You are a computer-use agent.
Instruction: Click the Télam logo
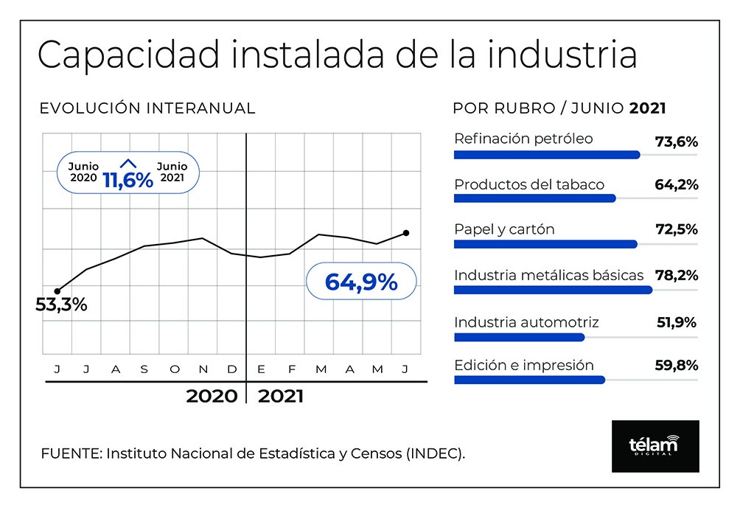(655, 446)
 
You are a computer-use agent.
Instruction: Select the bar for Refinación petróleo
(547, 155)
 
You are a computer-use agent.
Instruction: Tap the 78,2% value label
(677, 275)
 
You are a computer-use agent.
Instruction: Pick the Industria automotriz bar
(519, 337)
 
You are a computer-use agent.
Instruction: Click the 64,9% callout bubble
(361, 282)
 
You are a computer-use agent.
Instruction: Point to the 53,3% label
(61, 305)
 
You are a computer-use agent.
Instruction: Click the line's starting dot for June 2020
(57, 291)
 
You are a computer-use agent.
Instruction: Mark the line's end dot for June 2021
(406, 233)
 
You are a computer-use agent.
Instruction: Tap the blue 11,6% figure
(128, 181)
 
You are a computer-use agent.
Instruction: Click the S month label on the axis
(144, 369)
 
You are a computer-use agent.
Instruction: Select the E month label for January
(261, 369)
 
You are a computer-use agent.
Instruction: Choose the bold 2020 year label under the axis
(212, 396)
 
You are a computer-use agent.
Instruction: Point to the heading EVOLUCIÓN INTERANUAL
(147, 108)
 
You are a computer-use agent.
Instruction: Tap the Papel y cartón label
(504, 230)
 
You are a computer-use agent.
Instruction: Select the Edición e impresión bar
(529, 380)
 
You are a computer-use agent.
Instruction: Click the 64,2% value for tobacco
(677, 184)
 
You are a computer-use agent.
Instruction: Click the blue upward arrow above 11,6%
(128, 164)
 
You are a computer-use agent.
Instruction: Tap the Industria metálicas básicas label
(549, 275)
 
